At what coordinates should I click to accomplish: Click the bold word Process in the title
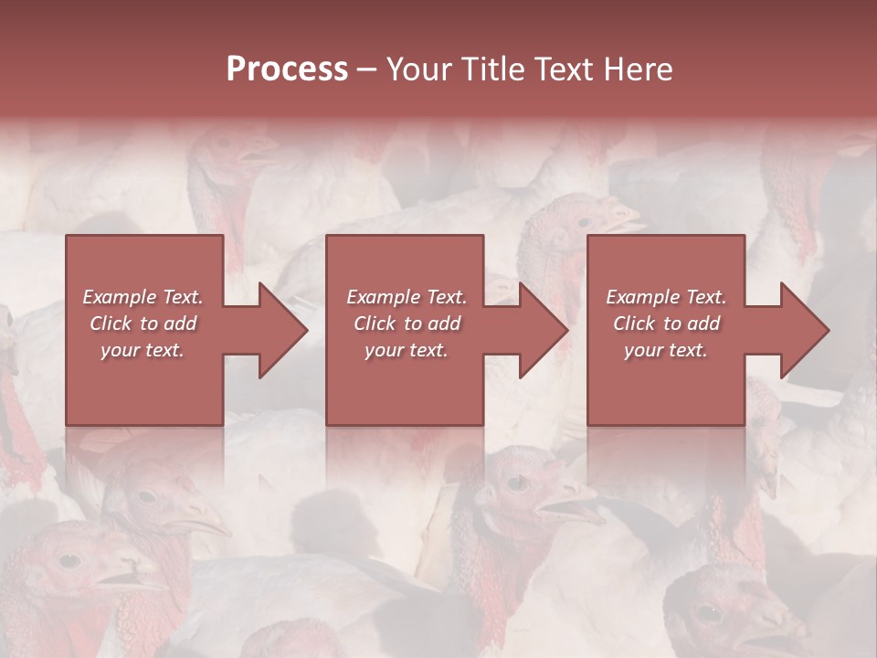[x=287, y=69]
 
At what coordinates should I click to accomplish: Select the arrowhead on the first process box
[x=283, y=330]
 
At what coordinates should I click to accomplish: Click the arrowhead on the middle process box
[x=544, y=330]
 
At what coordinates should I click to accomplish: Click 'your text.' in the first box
[x=143, y=350]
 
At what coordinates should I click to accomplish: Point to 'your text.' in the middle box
[x=406, y=350]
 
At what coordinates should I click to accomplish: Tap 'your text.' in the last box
[x=665, y=350]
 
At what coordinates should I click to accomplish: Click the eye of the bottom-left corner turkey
[x=69, y=559]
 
